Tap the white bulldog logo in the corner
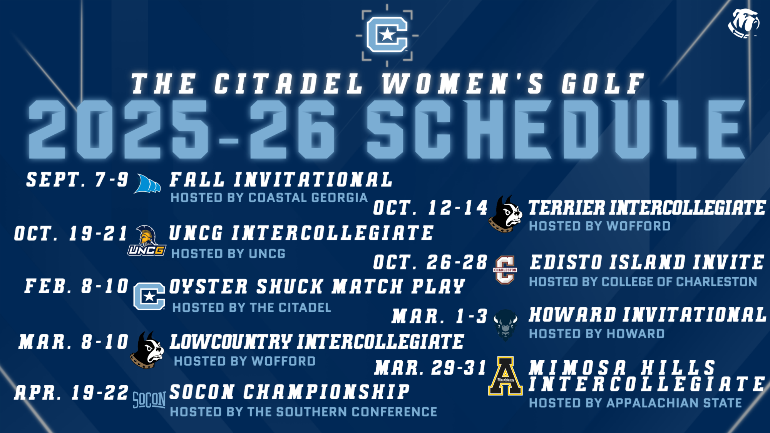[x=743, y=23]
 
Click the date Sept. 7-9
[x=77, y=180]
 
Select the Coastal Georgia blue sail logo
[x=147, y=184]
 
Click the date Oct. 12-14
[x=430, y=208]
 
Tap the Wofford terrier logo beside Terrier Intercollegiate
[x=505, y=214]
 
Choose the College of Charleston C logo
[x=505, y=270]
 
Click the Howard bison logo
[x=506, y=324]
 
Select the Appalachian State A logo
[x=505, y=376]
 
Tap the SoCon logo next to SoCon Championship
[x=149, y=400]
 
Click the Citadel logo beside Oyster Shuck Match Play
[x=149, y=296]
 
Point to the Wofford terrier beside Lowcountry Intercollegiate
[x=147, y=350]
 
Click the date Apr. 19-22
[x=72, y=393]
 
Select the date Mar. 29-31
[x=430, y=368]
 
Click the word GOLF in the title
[x=603, y=84]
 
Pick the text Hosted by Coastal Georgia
[x=269, y=198]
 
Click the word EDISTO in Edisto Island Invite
[x=566, y=262]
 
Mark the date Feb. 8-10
[x=77, y=286]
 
